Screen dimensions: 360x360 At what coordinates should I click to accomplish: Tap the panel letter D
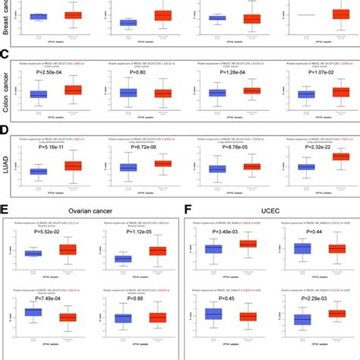click(x=5, y=130)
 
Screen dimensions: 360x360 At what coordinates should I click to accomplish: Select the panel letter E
click(x=6, y=208)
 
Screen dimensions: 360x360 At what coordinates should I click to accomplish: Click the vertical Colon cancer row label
click(x=7, y=87)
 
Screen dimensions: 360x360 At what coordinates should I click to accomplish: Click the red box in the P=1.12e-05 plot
click(x=158, y=251)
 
